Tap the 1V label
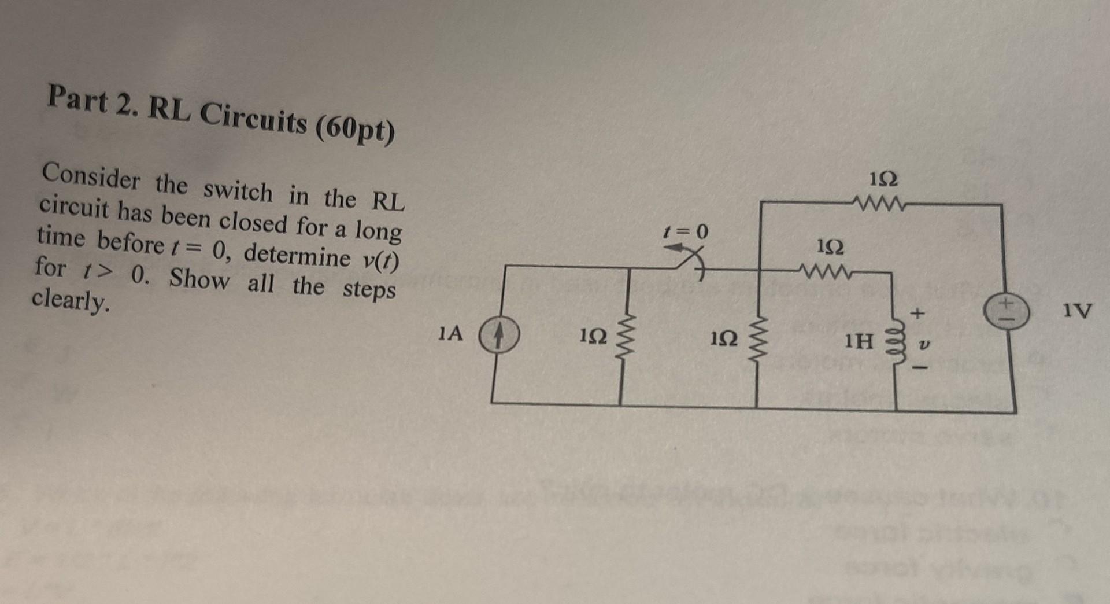click(x=1077, y=311)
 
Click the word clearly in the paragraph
click(x=70, y=300)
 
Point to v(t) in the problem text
click(x=380, y=263)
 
